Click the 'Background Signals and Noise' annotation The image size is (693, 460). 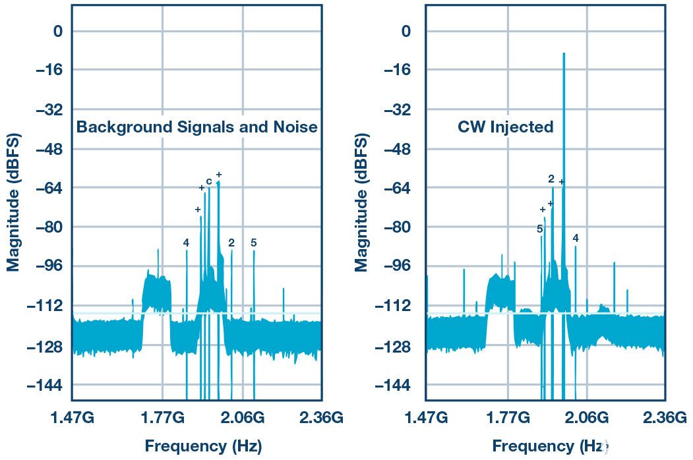click(196, 127)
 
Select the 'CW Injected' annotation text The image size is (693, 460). click(505, 127)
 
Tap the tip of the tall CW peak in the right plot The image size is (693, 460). click(564, 54)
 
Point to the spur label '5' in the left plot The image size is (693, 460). click(253, 243)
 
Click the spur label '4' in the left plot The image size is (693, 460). click(186, 243)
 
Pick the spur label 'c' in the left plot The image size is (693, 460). click(208, 181)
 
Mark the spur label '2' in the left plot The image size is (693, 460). click(231, 243)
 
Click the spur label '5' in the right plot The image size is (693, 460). click(539, 229)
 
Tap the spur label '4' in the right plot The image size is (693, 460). click(576, 238)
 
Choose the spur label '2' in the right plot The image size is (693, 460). click(551, 179)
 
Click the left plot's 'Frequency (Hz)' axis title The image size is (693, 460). click(203, 446)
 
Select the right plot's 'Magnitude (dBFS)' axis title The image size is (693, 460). click(361, 202)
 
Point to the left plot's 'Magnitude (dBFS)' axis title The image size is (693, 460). click(14, 202)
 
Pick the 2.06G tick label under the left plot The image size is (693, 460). click(243, 418)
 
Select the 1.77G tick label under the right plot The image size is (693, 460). click(508, 418)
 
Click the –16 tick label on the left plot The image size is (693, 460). click(45, 70)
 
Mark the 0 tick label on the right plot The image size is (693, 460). click(406, 31)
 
